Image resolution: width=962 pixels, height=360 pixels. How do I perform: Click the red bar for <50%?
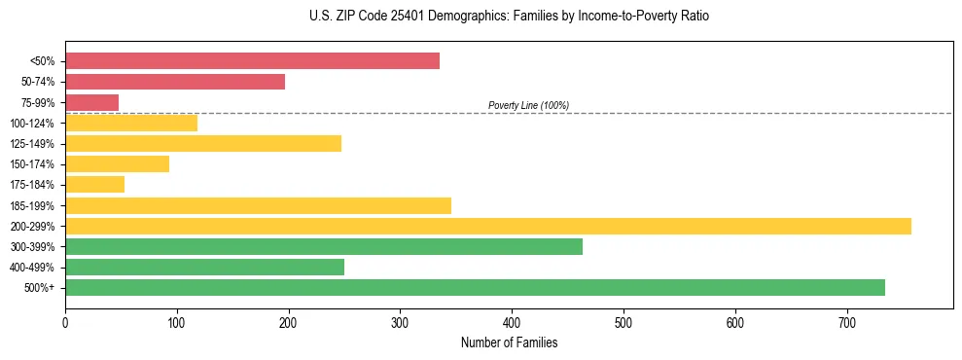(x=252, y=61)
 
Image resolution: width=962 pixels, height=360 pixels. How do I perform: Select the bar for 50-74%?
(x=175, y=82)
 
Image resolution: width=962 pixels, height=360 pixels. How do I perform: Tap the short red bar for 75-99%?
(x=91, y=102)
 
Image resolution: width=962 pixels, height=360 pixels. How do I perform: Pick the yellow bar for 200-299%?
(x=487, y=226)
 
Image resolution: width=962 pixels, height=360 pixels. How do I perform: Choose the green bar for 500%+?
(x=475, y=287)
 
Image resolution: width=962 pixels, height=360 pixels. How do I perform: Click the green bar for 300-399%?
(x=324, y=246)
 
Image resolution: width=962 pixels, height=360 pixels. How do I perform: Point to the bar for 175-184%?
(x=94, y=185)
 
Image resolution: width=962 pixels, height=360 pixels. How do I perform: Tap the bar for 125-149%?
(x=203, y=144)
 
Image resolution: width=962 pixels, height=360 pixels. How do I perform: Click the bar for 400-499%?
(x=204, y=267)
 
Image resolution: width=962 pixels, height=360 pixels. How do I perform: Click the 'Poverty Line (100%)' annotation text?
(x=528, y=105)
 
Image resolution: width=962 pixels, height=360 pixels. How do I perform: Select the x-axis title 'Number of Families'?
(x=509, y=342)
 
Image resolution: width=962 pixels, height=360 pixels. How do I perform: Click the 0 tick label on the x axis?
(x=65, y=322)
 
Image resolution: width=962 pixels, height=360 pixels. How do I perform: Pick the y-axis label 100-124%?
(x=32, y=124)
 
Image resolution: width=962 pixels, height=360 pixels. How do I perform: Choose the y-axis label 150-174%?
(x=32, y=164)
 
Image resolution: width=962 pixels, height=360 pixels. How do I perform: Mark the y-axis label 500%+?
(x=39, y=288)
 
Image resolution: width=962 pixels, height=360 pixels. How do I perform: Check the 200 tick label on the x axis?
(x=288, y=322)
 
